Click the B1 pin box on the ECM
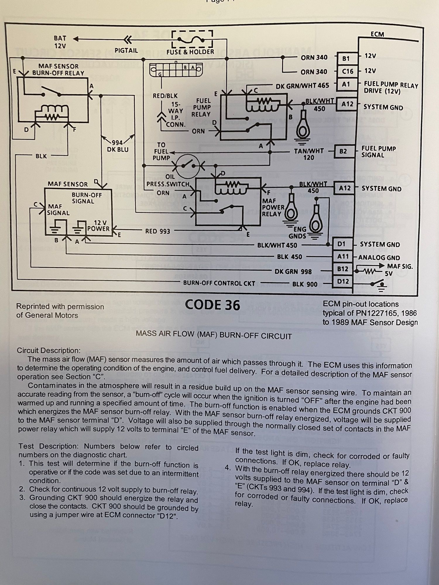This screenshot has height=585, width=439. pos(346,58)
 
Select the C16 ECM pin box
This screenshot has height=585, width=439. pos(347,71)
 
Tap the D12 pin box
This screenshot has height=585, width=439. pos(343,281)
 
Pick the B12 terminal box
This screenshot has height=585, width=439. pos(342,269)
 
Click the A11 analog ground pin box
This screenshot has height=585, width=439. pos(343,257)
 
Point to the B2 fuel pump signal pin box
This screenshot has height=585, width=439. pos(343,151)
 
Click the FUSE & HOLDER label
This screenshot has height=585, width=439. pos(190,52)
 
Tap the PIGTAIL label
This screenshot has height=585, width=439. pos(126,50)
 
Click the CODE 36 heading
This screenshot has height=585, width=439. pos(212,305)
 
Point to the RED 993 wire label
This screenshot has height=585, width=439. pos(157,231)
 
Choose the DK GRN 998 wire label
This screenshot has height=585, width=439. pos(293,271)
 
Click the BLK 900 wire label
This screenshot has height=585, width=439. pos(305,284)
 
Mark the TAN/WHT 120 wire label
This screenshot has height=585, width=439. pos(309,154)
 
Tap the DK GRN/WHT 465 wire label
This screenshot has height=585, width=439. pos(302,86)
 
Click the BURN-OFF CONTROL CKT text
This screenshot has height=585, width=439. pos(219,283)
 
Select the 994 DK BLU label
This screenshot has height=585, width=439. pos(118,146)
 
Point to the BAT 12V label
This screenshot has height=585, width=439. pos(60,42)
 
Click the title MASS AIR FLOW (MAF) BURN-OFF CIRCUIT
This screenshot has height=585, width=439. pos(214,335)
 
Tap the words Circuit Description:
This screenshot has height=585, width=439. pos(49,350)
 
